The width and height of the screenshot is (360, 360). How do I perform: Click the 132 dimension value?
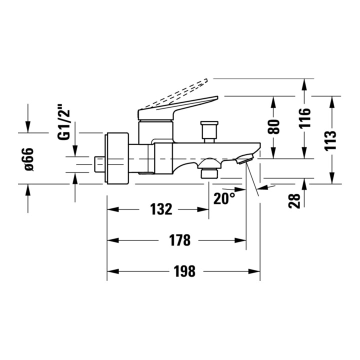[161, 209]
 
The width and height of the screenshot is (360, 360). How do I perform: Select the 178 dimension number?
[180, 240]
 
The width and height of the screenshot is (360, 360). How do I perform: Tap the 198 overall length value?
[184, 271]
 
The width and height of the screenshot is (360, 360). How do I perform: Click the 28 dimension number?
[294, 201]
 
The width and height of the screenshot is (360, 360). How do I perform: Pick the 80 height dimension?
[274, 126]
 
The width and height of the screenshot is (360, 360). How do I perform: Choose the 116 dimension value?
[304, 117]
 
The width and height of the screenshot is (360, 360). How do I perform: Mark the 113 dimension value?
[330, 140]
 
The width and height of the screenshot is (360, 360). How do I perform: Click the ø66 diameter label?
[29, 159]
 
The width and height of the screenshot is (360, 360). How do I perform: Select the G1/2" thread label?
[63, 122]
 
